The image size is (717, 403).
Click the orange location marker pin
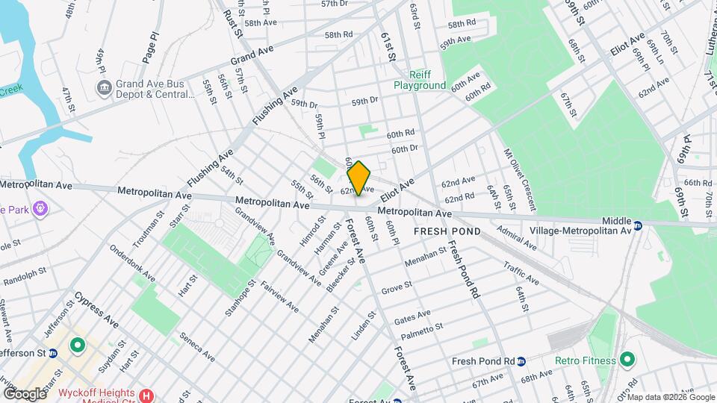[x=359, y=178]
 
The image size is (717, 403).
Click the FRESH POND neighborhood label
[x=447, y=232]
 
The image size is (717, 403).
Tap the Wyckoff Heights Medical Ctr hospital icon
[x=146, y=395]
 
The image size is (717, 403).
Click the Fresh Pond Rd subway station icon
[x=521, y=361]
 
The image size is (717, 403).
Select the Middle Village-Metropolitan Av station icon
[x=638, y=225]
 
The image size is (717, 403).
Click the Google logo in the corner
[x=24, y=393]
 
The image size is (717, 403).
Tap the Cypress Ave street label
[x=96, y=310]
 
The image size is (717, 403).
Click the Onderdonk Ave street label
[x=131, y=263]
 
